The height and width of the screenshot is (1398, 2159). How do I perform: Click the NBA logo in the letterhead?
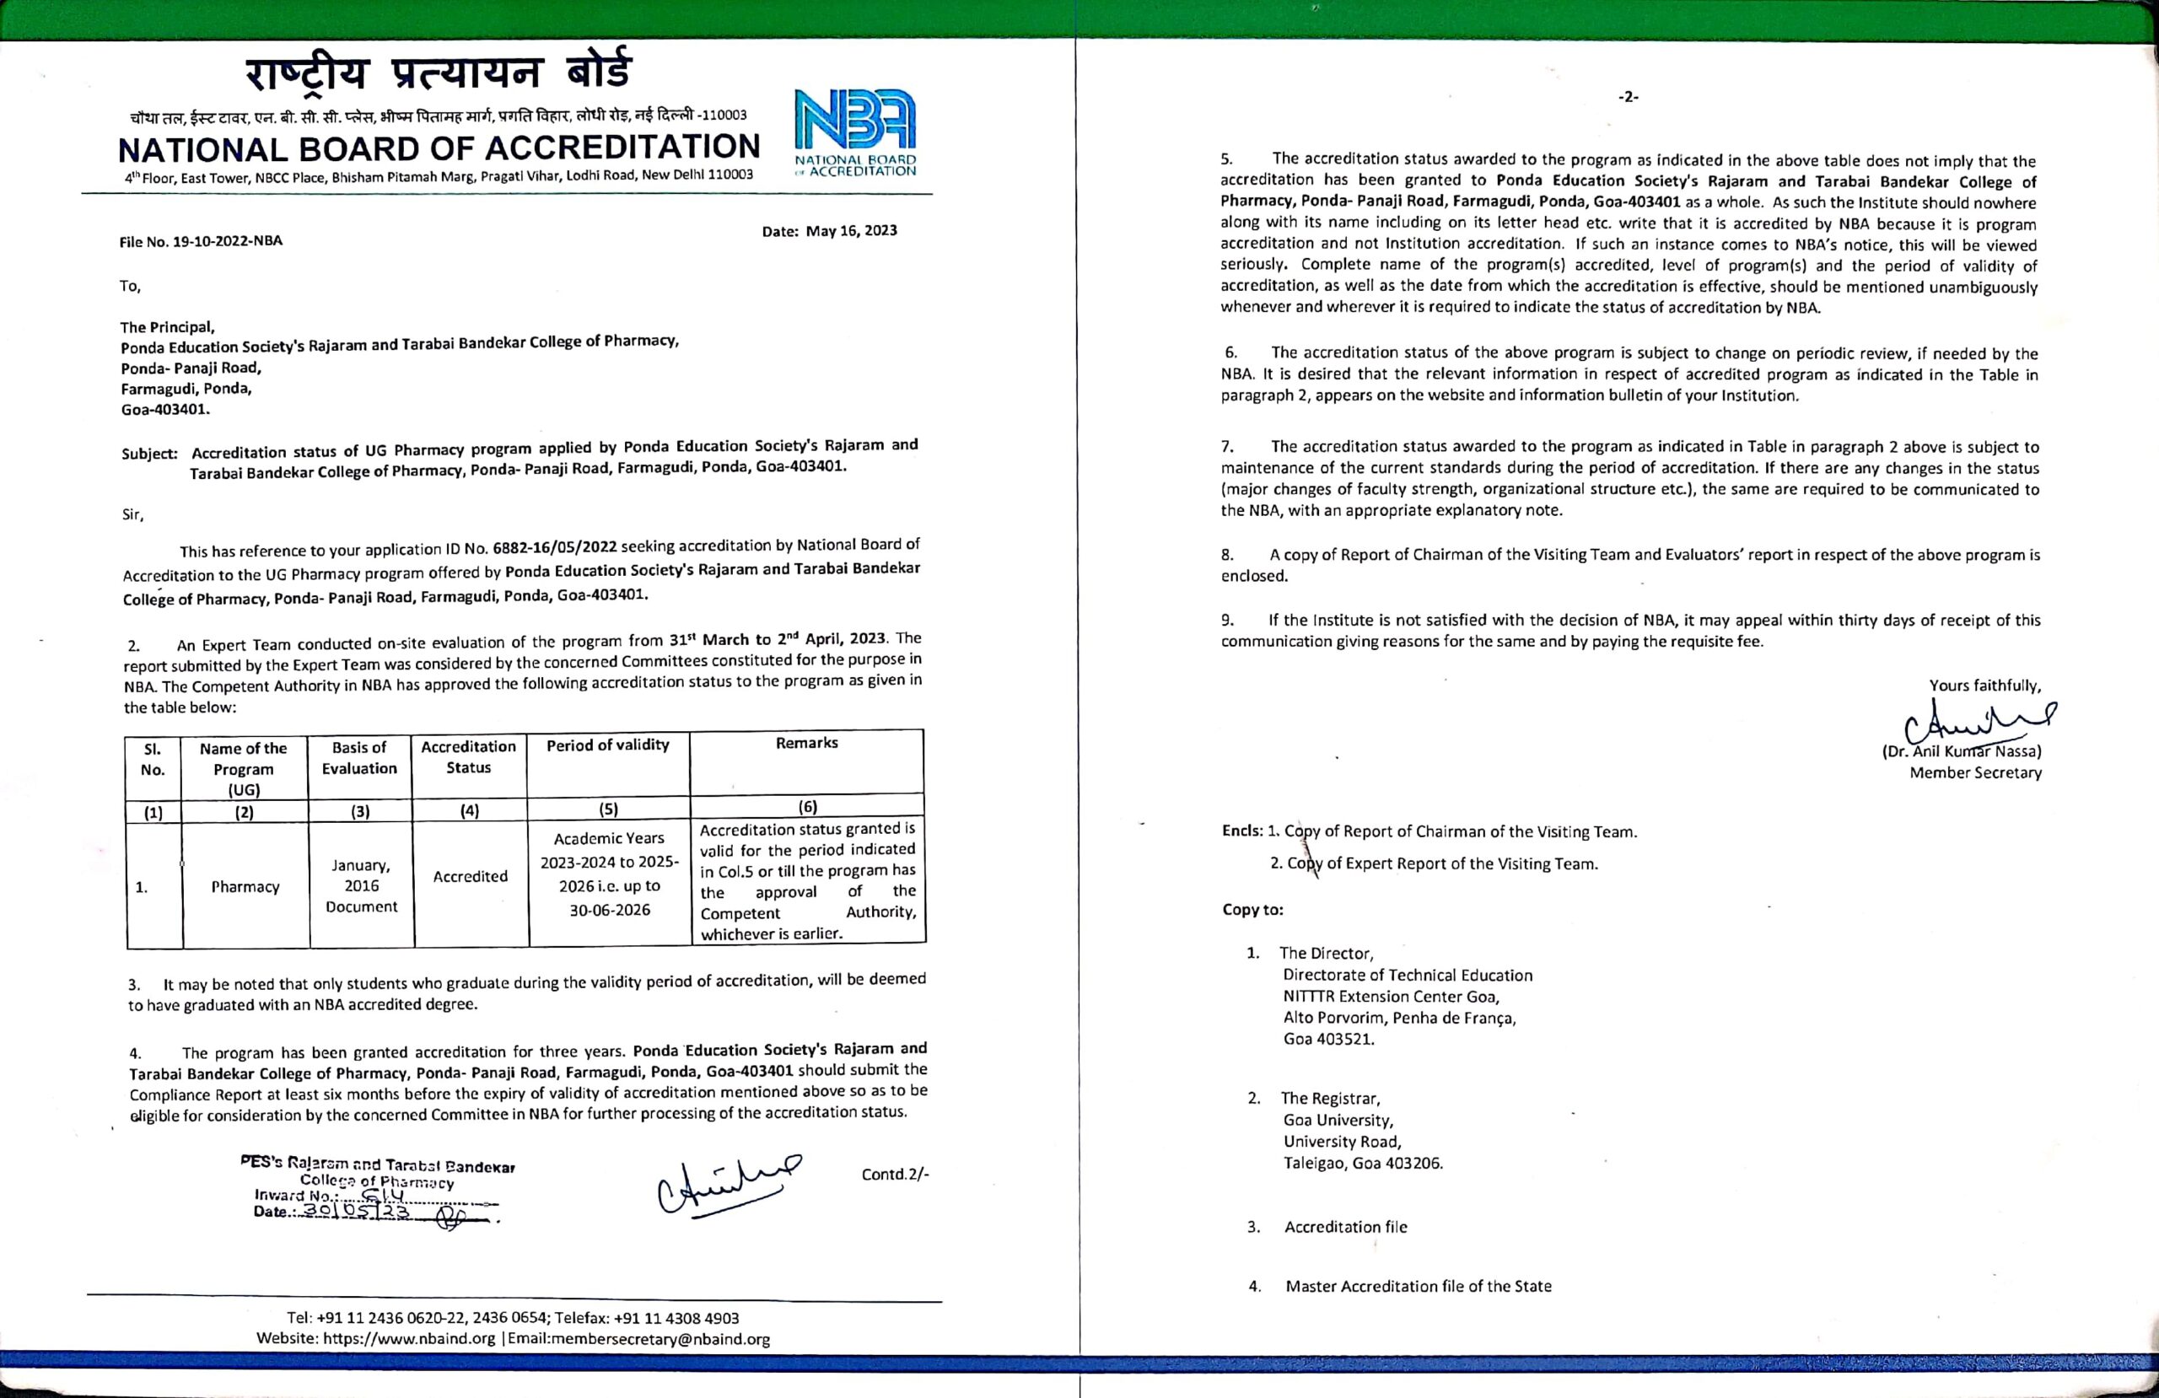854,131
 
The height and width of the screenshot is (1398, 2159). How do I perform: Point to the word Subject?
149,453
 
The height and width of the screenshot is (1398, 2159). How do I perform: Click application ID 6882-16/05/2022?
554,547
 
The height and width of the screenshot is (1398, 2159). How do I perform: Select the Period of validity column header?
608,745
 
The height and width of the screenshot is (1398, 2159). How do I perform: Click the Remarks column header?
806,743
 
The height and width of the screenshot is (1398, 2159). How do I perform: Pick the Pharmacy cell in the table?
245,886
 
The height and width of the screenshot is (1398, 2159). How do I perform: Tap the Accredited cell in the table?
470,876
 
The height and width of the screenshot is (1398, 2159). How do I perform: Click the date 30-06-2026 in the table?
610,909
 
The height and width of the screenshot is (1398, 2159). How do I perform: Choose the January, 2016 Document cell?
361,885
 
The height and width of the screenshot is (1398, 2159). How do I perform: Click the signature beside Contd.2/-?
727,1182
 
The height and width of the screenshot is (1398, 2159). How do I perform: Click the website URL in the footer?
409,1339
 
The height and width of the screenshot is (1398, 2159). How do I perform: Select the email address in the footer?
638,1339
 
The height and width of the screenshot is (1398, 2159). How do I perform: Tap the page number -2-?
1629,97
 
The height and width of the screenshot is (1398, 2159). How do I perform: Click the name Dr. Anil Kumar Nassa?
1962,751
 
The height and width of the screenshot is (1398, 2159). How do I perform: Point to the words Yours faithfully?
1984,686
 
